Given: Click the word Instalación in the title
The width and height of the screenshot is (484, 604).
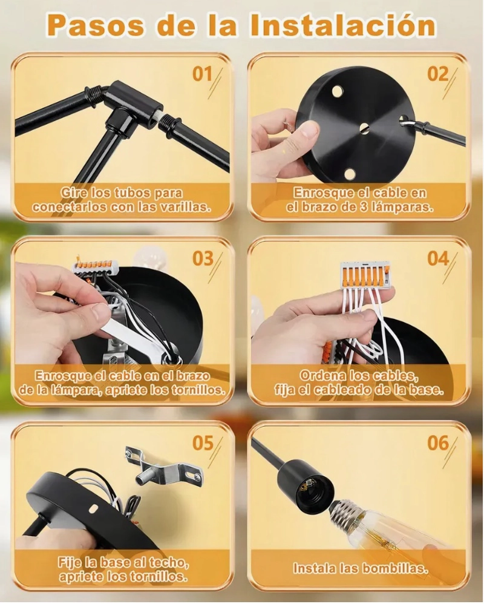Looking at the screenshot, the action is click(342, 25).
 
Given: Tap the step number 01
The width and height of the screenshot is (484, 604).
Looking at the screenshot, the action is click(203, 74).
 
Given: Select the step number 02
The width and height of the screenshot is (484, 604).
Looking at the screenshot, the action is click(438, 74).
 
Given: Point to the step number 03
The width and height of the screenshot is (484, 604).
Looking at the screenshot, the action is click(203, 258).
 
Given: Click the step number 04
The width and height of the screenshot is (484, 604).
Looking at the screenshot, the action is click(438, 258).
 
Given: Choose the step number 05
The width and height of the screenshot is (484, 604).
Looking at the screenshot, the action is click(203, 443).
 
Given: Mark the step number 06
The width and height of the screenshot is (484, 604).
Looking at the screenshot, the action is click(438, 443).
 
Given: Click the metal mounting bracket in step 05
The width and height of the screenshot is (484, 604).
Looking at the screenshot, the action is click(163, 466).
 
